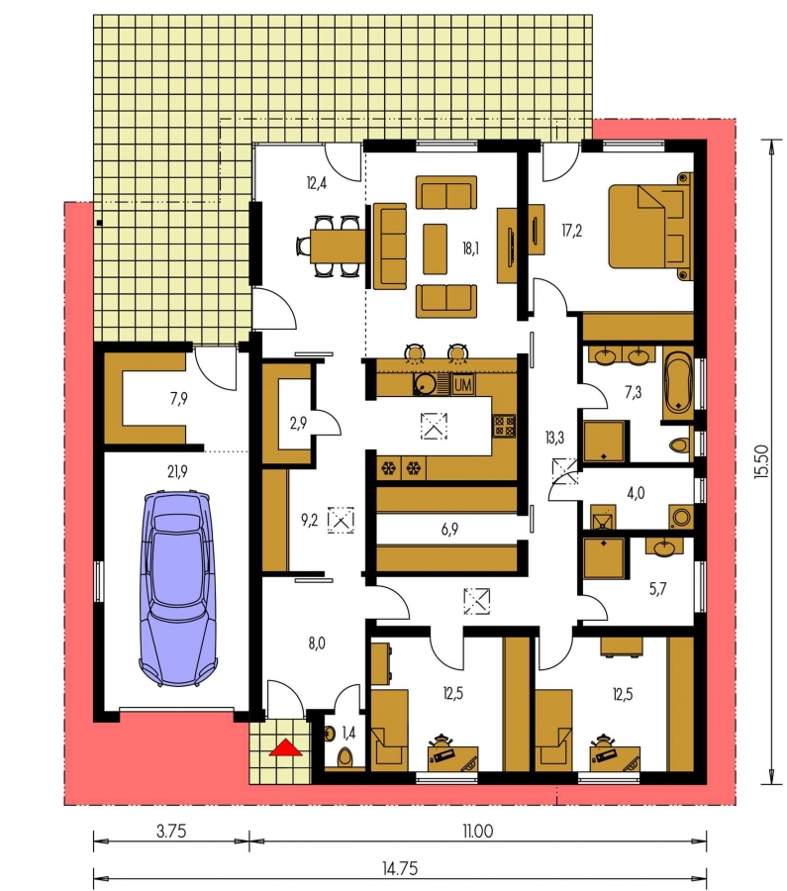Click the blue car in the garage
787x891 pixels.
coord(178,588)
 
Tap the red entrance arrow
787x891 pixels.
coord(285,746)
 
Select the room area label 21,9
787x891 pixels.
coord(177,471)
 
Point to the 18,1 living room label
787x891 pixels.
coord(470,248)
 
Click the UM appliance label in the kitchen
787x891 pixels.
coord(463,385)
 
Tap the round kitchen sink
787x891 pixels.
coord(424,384)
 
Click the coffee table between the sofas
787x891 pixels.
coord(436,248)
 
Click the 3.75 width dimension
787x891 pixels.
coord(171,832)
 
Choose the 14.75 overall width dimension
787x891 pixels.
coord(400,868)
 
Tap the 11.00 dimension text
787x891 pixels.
coord(478,832)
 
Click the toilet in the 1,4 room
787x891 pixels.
coord(344,757)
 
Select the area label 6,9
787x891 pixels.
coord(449,530)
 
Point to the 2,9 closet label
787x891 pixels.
coord(298,423)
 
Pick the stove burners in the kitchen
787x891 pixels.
coord(504,425)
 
